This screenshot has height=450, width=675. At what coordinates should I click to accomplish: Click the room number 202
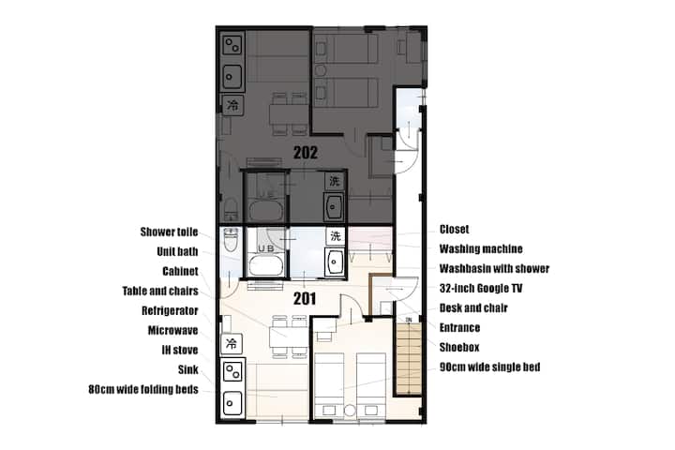[306, 153]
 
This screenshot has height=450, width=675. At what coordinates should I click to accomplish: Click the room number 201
[305, 298]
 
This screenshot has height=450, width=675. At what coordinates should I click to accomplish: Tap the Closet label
[454, 229]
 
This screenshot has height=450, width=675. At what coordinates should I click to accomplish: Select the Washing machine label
[481, 248]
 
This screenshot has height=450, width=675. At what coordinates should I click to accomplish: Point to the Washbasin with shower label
[494, 269]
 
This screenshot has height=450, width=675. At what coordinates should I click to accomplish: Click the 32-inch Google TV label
[480, 288]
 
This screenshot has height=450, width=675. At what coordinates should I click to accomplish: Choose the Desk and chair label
[473, 307]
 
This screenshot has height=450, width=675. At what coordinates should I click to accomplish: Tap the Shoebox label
[459, 347]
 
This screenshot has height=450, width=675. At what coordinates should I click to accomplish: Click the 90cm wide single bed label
[490, 367]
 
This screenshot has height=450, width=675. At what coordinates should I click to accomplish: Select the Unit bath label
[177, 251]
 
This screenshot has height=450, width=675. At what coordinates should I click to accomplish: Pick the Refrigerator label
[170, 310]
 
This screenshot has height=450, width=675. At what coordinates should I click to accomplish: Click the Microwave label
[173, 330]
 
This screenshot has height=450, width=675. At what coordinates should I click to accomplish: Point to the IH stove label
[180, 350]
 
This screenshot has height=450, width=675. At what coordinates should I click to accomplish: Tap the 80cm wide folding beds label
[143, 389]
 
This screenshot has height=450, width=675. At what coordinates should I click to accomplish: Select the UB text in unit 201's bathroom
[266, 248]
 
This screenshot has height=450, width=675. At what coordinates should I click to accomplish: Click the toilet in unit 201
[232, 240]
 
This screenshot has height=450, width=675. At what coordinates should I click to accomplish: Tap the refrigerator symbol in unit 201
[232, 344]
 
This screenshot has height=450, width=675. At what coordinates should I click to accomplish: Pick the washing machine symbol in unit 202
[335, 181]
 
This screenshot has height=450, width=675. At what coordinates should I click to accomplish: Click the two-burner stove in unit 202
[232, 45]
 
